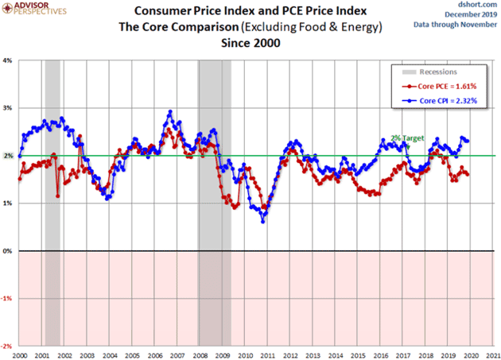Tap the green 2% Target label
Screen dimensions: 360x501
pyautogui.click(x=407, y=138)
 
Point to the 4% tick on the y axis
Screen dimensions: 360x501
pyautogui.click(x=8, y=60)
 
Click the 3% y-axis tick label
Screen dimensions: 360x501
pyautogui.click(x=8, y=108)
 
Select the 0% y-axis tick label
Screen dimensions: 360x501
pyautogui.click(x=8, y=251)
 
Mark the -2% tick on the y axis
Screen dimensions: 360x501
pyautogui.click(x=7, y=346)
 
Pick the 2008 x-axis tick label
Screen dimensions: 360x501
pyautogui.click(x=200, y=354)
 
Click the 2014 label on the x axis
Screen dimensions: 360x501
pyautogui.click(x=336, y=354)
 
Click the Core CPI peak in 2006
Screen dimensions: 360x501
pyautogui.click(x=169, y=112)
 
